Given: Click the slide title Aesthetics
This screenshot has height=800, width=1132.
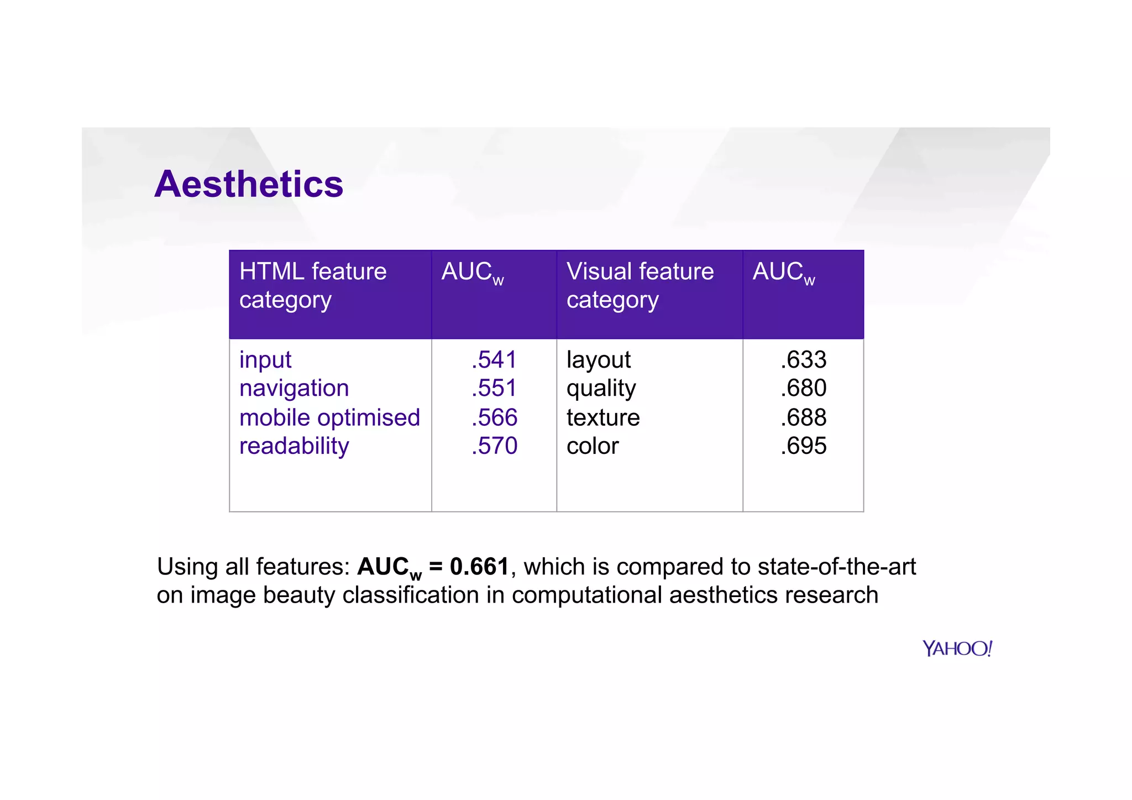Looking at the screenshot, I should click(249, 184).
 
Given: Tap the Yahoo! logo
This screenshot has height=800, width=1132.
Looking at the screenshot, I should click(957, 648).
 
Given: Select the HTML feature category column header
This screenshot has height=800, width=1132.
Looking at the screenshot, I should click(313, 285).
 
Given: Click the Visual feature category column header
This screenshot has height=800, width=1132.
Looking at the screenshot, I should click(640, 285).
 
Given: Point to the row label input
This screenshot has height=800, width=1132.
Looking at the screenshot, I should click(265, 360).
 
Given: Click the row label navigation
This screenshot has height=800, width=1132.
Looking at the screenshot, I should click(294, 389).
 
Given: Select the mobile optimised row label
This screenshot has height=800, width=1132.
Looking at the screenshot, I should click(329, 417).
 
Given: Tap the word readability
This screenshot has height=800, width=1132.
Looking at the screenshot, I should click(294, 446).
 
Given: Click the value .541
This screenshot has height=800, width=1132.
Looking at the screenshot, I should click(494, 360).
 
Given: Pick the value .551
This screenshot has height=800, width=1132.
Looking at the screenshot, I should click(494, 388).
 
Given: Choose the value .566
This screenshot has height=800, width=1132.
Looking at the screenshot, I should click(494, 417).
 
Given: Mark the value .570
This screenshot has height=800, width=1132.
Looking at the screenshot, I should click(494, 446).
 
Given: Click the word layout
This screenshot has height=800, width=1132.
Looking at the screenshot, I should click(598, 360).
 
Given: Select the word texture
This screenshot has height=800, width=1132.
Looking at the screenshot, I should click(603, 417).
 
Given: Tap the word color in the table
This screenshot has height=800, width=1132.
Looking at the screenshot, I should click(593, 446).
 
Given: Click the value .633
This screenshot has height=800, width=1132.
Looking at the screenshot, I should click(803, 360).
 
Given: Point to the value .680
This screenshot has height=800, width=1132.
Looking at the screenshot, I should click(803, 388).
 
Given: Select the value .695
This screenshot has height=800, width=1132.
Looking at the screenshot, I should click(803, 446).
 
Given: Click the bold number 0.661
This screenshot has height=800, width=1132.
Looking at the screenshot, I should click(479, 567).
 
